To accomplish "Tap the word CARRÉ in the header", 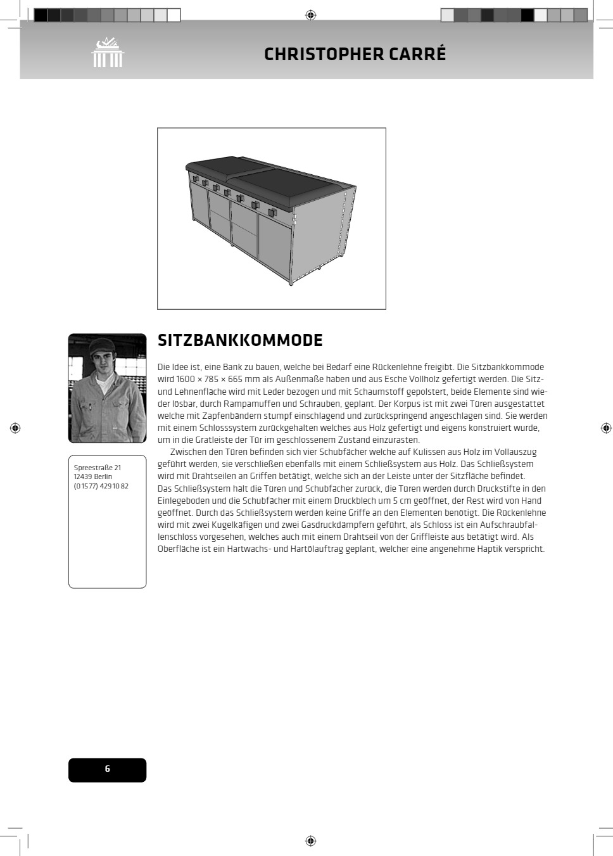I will point(417,54).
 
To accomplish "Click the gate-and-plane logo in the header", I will point(107,53).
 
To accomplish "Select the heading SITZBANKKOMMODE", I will point(240,340).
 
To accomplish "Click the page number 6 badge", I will point(107,769).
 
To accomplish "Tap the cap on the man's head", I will point(101,345).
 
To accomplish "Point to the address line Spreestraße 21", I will point(97,468).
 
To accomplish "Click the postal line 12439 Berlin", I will point(92,476).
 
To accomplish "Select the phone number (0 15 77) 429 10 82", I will point(101,486).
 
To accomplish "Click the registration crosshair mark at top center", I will point(310,15).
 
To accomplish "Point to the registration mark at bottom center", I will point(310,841).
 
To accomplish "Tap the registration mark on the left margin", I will point(15,428).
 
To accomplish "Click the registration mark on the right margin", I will point(606,428).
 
